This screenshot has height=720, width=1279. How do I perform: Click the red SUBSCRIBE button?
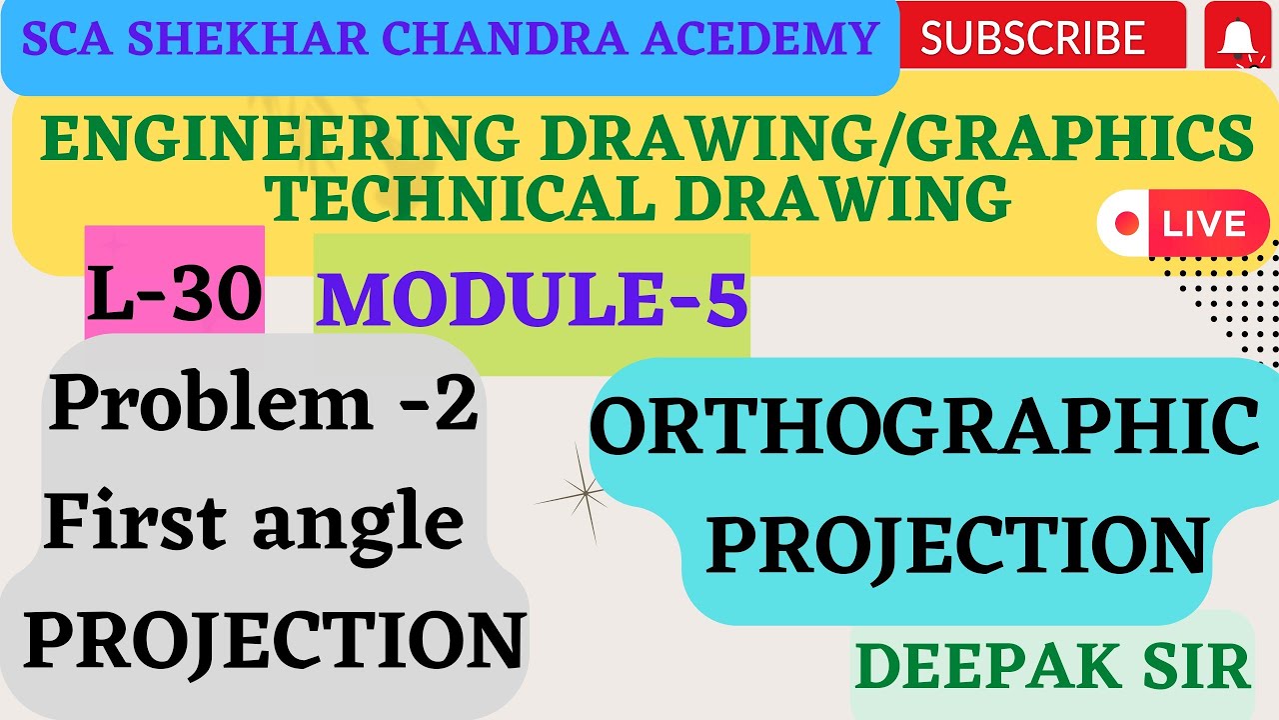click(1032, 37)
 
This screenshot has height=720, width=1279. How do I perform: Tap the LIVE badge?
click(1184, 223)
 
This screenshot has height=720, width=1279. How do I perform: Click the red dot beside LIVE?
click(1127, 223)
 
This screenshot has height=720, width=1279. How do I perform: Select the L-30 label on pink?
click(175, 291)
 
